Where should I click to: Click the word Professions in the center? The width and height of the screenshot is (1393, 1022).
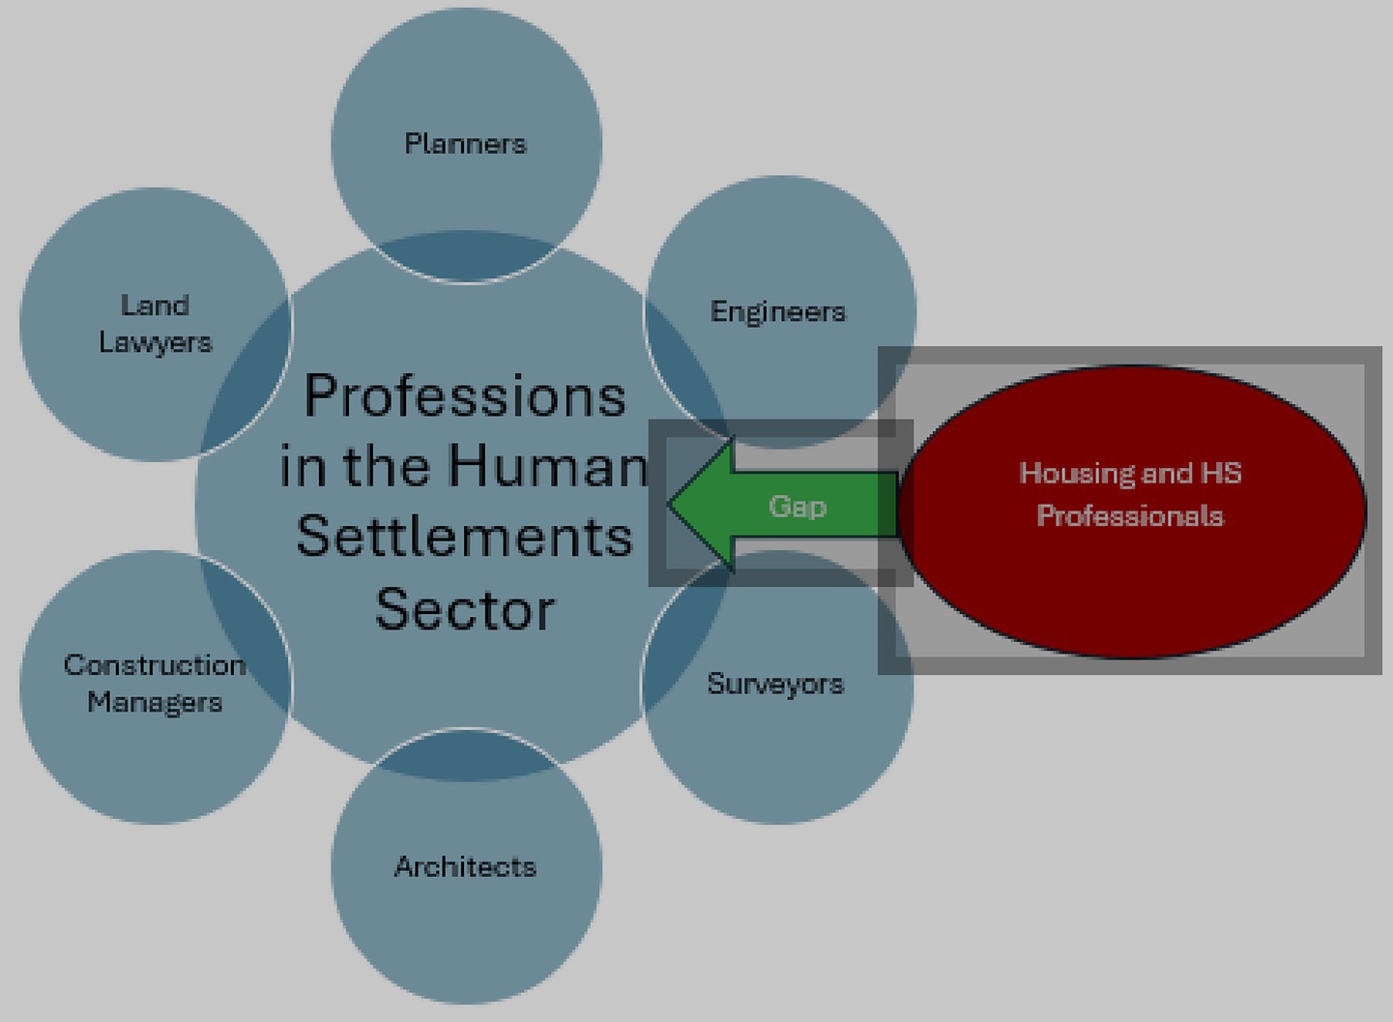(465, 395)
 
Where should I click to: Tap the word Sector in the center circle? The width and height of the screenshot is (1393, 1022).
(465, 609)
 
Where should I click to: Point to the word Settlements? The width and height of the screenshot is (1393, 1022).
(465, 537)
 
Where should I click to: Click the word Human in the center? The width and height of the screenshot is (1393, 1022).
(547, 466)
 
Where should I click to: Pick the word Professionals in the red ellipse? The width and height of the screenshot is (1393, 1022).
(1130, 515)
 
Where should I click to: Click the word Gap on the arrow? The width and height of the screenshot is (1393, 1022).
(798, 506)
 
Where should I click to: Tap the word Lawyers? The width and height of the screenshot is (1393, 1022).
(155, 342)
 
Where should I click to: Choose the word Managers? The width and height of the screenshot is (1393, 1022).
(155, 702)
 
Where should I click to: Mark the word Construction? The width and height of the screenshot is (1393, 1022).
(155, 665)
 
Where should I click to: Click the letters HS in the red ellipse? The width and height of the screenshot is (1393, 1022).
(1221, 473)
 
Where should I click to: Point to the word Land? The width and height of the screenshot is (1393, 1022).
(155, 306)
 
